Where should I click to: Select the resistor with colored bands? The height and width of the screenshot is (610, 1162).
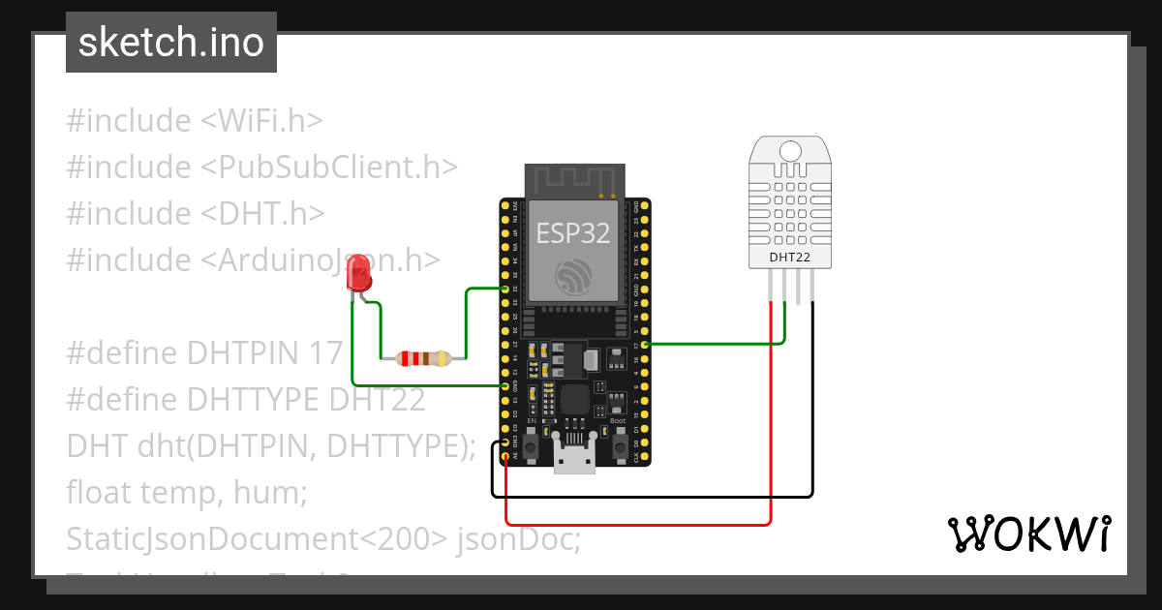(417, 358)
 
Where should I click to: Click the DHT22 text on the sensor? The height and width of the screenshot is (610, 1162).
(789, 258)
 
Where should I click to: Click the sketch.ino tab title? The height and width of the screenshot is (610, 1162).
(171, 43)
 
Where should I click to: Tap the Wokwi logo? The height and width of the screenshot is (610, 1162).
(1029, 533)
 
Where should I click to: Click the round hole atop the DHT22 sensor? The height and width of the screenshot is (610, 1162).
(790, 151)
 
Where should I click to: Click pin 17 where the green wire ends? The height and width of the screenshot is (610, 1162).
(645, 344)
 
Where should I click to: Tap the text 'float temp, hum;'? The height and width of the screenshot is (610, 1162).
(187, 492)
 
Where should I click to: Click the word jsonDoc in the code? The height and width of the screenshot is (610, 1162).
(519, 538)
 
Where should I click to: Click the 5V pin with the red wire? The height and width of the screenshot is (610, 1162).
(505, 455)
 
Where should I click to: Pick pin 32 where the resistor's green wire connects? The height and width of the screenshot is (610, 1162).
(505, 289)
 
